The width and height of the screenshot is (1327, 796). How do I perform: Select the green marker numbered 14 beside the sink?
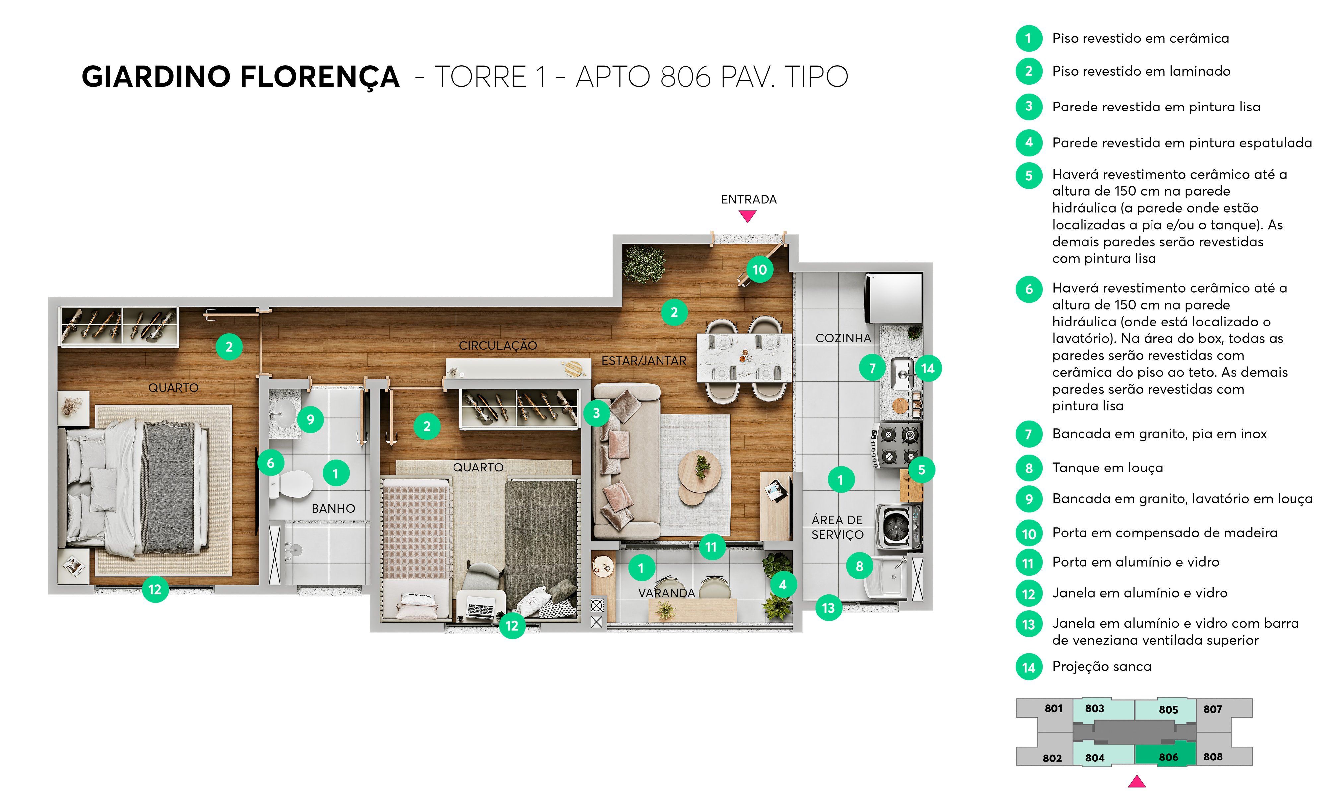point(928,369)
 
